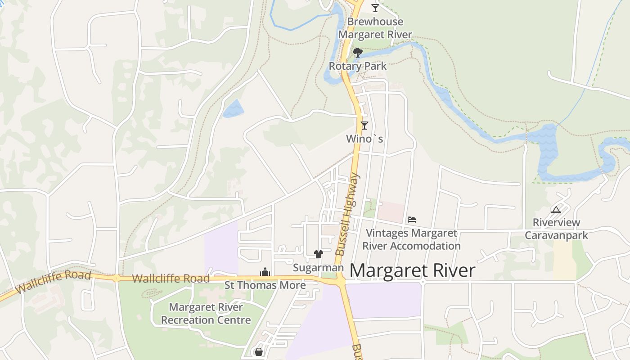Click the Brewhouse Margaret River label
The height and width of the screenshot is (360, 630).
pyautogui.click(x=375, y=28)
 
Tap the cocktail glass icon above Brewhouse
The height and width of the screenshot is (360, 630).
pyautogui.click(x=375, y=8)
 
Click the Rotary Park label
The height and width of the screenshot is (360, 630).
pyautogui.click(x=358, y=66)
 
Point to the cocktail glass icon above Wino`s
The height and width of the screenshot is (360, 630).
pyautogui.click(x=364, y=126)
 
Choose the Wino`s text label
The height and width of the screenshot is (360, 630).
pyautogui.click(x=364, y=139)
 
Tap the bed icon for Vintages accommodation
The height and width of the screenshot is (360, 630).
pyautogui.click(x=412, y=220)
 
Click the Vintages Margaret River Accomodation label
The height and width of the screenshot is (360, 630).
pyautogui.click(x=411, y=239)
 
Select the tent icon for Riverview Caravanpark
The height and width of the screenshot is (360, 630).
pyautogui.click(x=556, y=209)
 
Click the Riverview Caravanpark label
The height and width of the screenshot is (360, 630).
pyautogui.click(x=556, y=229)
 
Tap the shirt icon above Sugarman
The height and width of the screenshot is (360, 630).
pyautogui.click(x=319, y=254)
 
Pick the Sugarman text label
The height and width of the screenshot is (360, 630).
pyautogui.click(x=318, y=268)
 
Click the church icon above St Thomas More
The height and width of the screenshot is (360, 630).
pyautogui.click(x=265, y=272)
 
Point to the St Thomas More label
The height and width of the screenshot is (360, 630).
pyautogui.click(x=265, y=285)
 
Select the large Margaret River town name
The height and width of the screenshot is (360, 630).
pyautogui.click(x=412, y=270)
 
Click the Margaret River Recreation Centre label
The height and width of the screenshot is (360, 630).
pyautogui.click(x=206, y=314)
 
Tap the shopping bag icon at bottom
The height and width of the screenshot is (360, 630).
pyautogui.click(x=259, y=351)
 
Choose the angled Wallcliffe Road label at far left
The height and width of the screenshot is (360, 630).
pyautogui.click(x=53, y=282)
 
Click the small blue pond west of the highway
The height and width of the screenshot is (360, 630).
pyautogui.click(x=233, y=108)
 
